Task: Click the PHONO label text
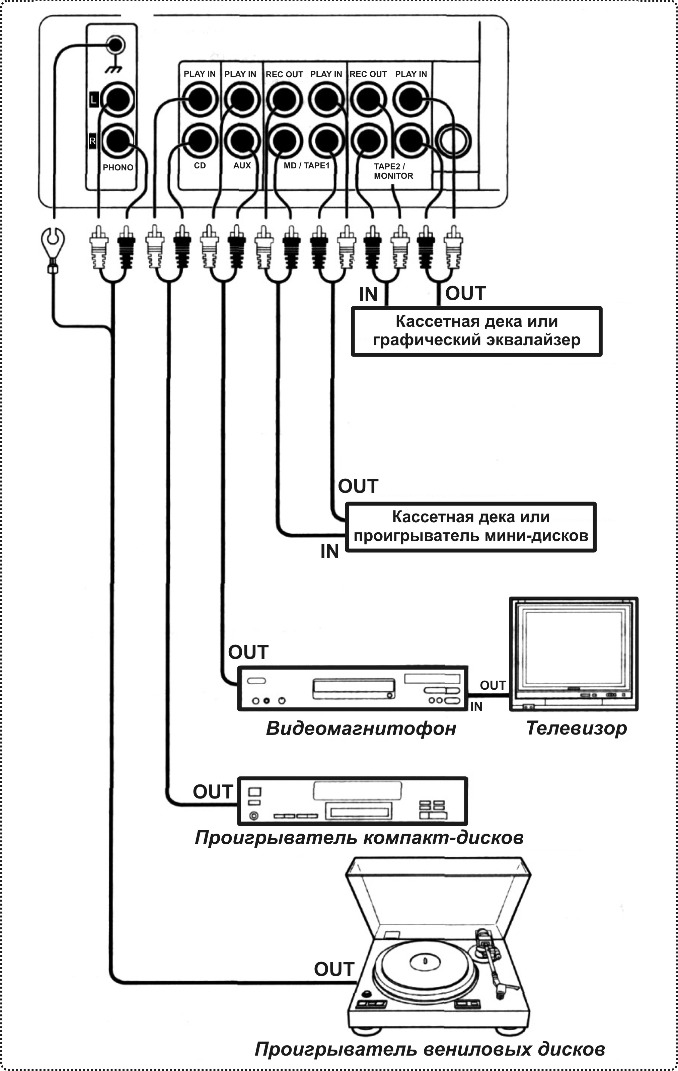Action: (118, 168)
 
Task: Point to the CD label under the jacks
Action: (200, 165)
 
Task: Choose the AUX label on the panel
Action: (242, 165)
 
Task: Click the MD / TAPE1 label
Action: (307, 165)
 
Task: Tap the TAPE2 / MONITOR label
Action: (393, 171)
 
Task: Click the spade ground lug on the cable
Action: (53, 242)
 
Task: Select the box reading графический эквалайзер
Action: (476, 331)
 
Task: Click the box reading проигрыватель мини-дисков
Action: (471, 527)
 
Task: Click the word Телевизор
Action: (577, 728)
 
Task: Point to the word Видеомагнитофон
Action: (361, 729)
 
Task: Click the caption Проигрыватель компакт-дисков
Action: (359, 838)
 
